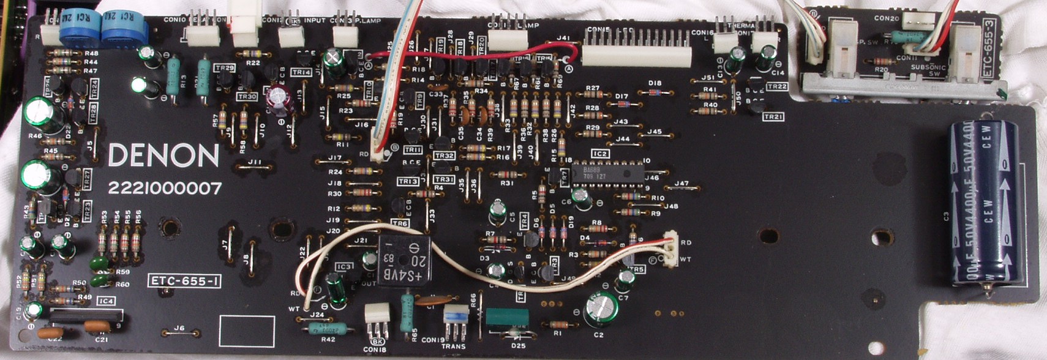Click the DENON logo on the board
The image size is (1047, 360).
pos(163,156)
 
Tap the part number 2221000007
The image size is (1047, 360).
pos(165,189)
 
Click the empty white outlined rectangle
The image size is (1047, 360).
pos(247,331)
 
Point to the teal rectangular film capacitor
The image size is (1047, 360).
pos(506,317)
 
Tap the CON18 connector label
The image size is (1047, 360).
pos(374,350)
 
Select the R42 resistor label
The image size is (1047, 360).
pos(328,339)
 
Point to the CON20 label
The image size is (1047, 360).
pos(886,19)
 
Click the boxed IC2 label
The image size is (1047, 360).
pos(599,154)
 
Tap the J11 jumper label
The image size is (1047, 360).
pos(255,162)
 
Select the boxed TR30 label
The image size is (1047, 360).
pos(247,96)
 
